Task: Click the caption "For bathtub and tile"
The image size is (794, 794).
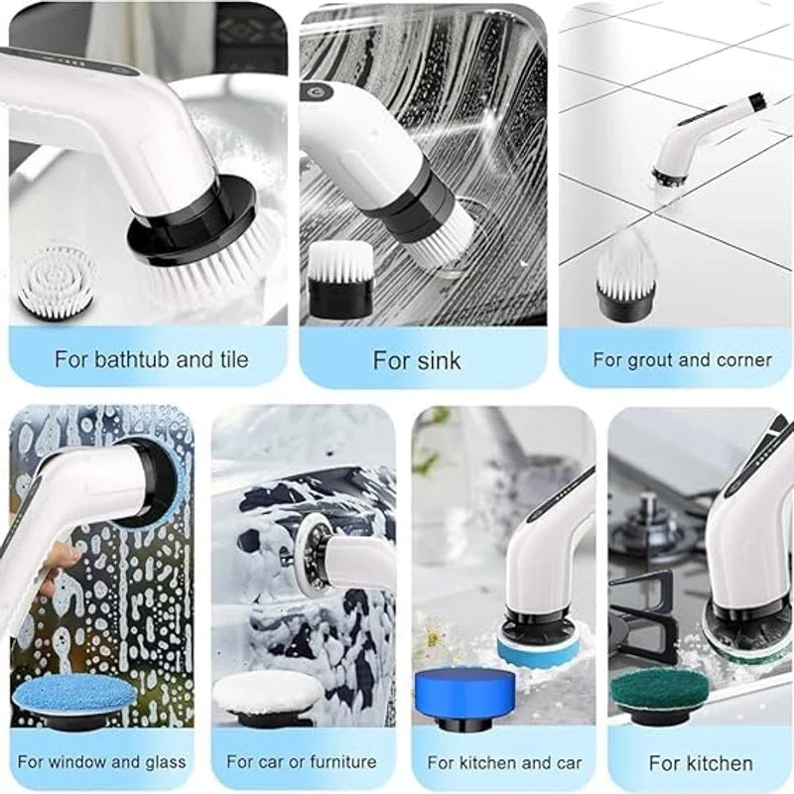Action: click(151, 358)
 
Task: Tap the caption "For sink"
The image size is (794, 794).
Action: click(417, 359)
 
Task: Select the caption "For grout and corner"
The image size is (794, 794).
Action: click(682, 359)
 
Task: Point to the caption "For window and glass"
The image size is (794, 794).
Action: click(101, 762)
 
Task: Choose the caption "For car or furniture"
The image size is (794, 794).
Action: click(302, 762)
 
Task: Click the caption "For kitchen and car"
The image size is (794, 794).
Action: click(504, 763)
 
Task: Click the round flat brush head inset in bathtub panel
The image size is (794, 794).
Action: click(57, 280)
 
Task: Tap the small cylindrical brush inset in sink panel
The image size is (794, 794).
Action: click(339, 279)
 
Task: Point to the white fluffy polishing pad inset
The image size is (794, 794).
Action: click(268, 692)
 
